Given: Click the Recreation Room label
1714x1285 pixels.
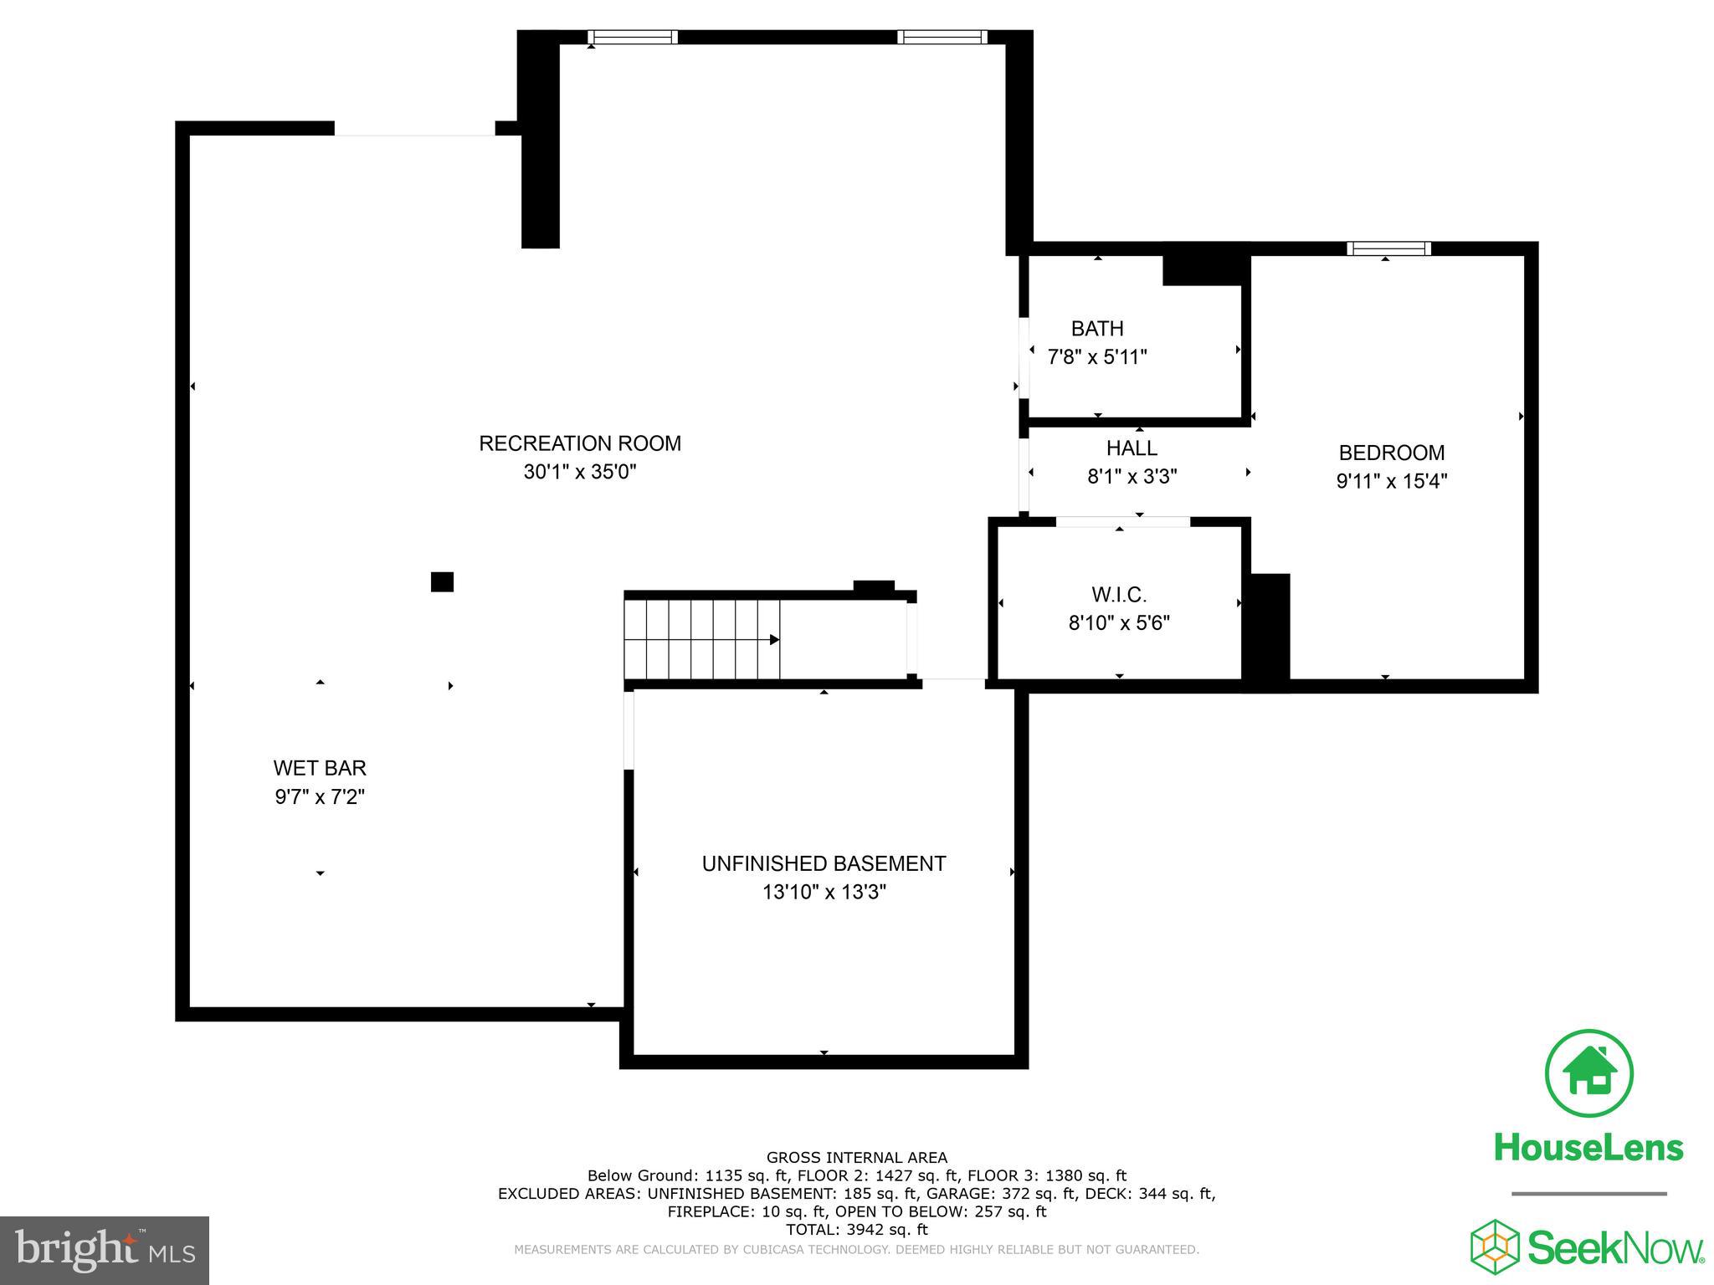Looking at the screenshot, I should coord(579,443).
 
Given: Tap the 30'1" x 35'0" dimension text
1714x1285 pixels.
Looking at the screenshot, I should coord(579,472).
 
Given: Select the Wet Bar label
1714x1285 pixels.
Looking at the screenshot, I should coord(320,768).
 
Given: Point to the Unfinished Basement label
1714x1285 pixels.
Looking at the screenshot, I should coord(824,863).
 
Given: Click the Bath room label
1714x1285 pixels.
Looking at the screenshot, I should coord(1096,329).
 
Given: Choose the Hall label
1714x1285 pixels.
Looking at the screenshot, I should coord(1132,448).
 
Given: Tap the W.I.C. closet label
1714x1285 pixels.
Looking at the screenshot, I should coord(1119,595).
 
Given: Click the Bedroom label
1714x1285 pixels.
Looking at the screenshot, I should coord(1391,453).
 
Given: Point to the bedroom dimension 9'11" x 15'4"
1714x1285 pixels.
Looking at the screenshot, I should coord(1391,481).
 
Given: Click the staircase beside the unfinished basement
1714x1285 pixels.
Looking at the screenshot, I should coord(703,640).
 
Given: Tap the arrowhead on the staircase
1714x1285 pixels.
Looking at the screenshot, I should coord(774,640).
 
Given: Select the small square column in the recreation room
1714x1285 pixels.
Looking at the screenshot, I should coord(442,581).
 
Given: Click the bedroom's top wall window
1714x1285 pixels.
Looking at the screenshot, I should coord(1388,248).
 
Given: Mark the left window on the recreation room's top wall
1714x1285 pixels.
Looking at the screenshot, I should coord(632,37).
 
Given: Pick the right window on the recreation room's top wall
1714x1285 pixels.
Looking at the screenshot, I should coord(942,37).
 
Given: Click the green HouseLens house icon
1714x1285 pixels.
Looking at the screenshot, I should coord(1588,1073).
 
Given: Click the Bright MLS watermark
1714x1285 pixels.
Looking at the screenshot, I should coord(105,1251).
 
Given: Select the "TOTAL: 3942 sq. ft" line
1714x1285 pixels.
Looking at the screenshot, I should coord(856,1230).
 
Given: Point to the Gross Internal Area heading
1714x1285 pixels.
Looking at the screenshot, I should coord(856,1158).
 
